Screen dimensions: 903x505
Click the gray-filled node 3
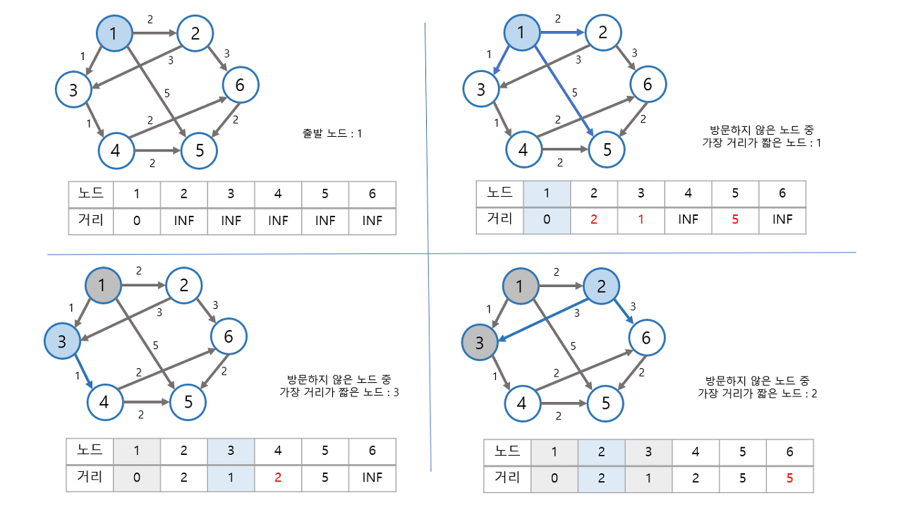(480, 343)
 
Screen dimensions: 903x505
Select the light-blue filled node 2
(601, 287)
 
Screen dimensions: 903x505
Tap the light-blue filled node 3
(62, 342)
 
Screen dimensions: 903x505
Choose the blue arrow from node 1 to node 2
(562, 32)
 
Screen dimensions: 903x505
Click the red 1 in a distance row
(641, 219)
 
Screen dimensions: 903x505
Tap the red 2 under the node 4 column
(278, 477)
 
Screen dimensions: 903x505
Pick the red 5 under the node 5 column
(735, 219)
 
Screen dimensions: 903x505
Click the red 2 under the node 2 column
(594, 219)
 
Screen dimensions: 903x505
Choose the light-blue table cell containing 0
(547, 219)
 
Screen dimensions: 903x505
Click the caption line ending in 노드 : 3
(339, 392)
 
